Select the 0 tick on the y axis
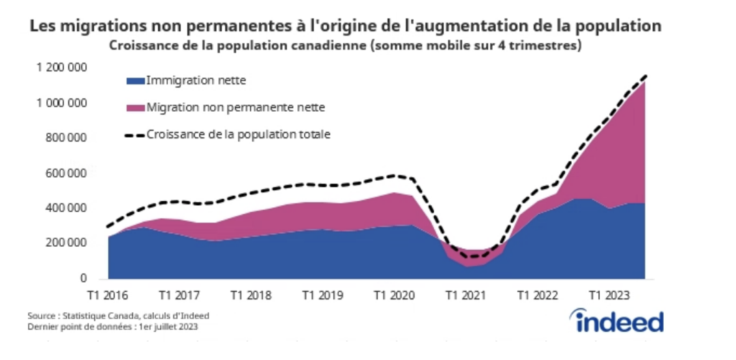tap(83, 279)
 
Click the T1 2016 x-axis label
tap(109, 295)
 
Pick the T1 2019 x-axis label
tap(322, 295)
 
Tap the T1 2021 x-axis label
tap(465, 295)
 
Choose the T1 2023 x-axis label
tap(608, 295)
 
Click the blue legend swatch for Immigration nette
tap(134, 80)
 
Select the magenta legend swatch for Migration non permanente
tap(134, 108)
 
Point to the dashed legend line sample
tap(134, 134)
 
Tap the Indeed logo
tap(617, 320)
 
